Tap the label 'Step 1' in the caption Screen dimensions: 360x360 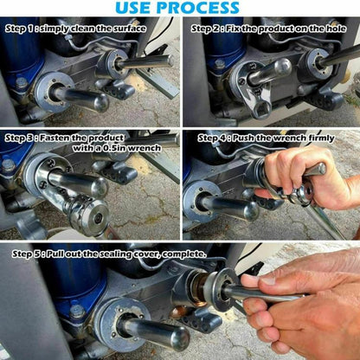point(22,28)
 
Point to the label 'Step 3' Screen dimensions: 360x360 point(22,137)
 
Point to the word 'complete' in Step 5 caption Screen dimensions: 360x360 point(183,254)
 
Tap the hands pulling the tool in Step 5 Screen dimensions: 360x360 point(303,303)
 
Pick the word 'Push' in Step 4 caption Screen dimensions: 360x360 point(251,137)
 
